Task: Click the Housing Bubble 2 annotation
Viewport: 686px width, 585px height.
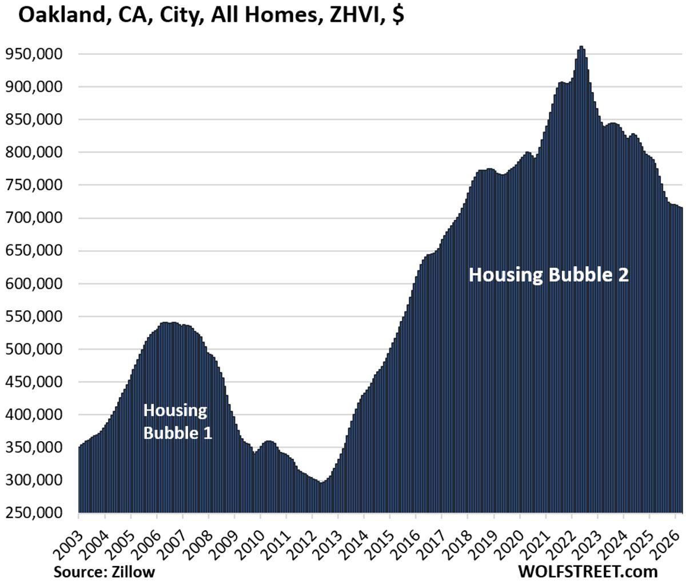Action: click(548, 275)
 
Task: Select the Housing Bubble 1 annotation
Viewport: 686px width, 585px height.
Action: click(177, 422)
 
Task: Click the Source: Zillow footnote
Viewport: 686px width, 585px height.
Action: click(104, 571)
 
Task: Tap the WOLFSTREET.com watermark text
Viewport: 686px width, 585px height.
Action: click(588, 571)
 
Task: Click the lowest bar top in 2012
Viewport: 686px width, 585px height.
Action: click(321, 483)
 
